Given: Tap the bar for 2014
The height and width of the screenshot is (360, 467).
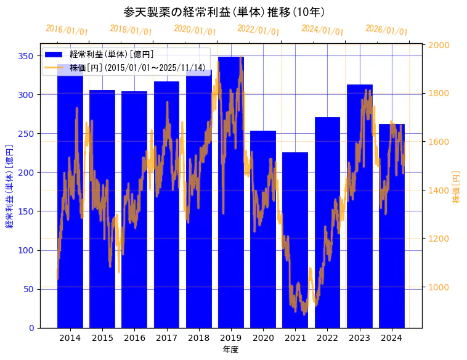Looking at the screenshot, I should tap(70, 197).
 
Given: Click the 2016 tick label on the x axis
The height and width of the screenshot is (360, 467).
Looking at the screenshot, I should tap(134, 338).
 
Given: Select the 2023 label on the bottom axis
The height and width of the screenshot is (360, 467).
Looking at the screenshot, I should tap(359, 338).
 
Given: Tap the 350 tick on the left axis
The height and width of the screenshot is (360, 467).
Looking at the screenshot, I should tap(26, 56).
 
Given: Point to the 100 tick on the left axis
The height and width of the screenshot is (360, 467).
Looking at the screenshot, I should tap(26, 250).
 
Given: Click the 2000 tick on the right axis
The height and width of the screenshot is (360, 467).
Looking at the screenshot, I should tap(439, 45).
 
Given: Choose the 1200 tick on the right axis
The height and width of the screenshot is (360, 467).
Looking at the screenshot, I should tap(439, 239).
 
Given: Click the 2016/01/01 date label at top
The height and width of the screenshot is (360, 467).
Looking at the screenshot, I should tap(67, 30).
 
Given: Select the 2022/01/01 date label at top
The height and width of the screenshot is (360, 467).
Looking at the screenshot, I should tap(259, 30).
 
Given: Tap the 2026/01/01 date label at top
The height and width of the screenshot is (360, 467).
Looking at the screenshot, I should tap(387, 30).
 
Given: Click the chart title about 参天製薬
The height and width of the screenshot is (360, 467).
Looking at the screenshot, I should tap(224, 12).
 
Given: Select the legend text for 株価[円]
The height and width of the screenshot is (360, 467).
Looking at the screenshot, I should tap(137, 67).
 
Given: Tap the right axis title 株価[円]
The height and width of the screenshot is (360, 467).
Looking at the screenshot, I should tap(457, 187).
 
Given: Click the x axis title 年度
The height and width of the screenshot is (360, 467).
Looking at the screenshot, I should tap(230, 350).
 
